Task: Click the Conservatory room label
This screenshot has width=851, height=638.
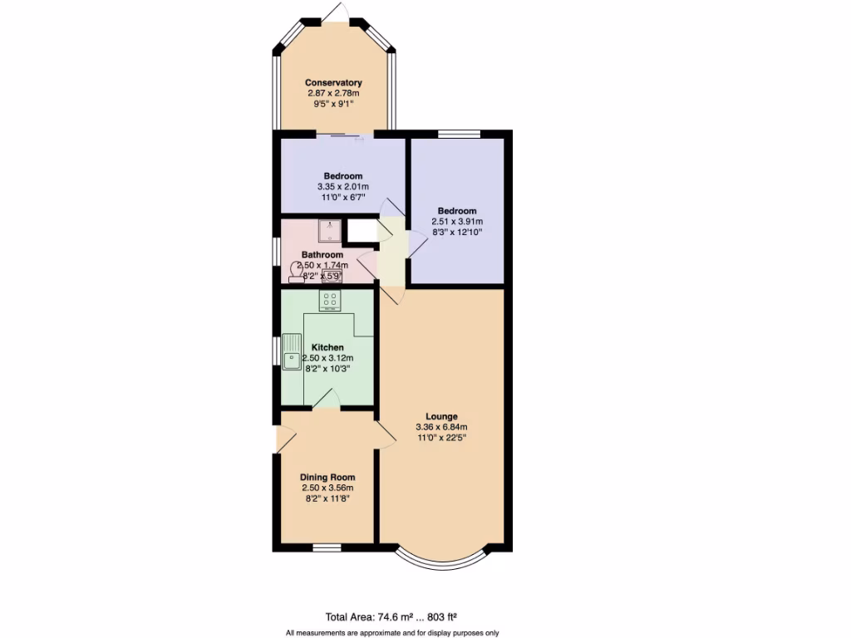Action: tap(333, 82)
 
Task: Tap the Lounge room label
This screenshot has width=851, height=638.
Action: tap(441, 416)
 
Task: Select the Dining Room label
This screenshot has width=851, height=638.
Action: tap(327, 477)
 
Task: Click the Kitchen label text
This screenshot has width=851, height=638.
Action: tap(327, 347)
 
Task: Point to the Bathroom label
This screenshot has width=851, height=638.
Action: tap(322, 255)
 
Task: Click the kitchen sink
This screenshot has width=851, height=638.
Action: tap(292, 352)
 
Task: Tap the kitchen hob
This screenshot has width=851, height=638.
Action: tap(330, 299)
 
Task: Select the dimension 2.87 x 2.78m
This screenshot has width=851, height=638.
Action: tap(333, 94)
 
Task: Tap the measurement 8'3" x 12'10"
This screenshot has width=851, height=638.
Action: tap(456, 233)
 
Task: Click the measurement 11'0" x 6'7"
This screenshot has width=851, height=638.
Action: tap(342, 198)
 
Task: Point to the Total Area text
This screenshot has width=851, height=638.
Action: tap(391, 616)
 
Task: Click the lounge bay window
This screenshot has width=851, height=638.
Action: tap(441, 562)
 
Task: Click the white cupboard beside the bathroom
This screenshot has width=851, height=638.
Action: tap(362, 230)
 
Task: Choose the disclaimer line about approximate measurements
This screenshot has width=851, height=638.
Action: tap(391, 632)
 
